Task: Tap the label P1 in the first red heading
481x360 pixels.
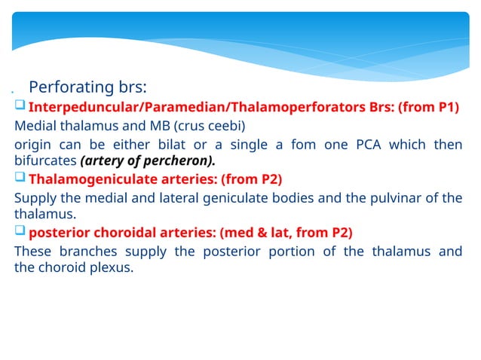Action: point(448,107)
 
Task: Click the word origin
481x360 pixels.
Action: point(32,144)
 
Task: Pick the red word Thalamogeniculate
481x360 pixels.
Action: point(89,180)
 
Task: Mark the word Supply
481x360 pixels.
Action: point(33,198)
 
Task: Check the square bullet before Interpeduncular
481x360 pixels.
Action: point(20,107)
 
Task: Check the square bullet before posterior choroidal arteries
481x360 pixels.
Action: point(20,232)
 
